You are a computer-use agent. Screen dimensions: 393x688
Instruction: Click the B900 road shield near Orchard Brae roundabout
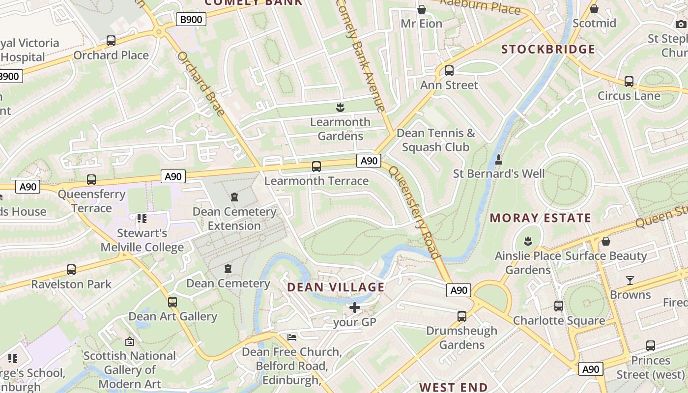point(191,19)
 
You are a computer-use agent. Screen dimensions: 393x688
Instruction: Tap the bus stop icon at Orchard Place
point(111,41)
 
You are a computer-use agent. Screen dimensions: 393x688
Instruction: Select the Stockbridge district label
point(548,49)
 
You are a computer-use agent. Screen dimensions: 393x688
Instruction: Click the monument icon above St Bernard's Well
point(499,160)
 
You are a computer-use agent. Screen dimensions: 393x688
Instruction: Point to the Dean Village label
point(336,287)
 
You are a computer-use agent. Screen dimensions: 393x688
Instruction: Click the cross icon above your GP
point(354,308)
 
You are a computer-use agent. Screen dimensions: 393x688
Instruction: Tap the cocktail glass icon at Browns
point(630,281)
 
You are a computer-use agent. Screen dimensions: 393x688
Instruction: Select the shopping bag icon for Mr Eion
point(421,9)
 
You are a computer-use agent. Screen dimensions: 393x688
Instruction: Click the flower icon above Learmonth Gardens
point(340,107)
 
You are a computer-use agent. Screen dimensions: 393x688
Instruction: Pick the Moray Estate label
point(541,218)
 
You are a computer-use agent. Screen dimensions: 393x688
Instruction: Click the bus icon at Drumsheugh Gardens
point(461,316)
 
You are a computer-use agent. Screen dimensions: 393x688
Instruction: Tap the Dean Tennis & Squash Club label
point(436,140)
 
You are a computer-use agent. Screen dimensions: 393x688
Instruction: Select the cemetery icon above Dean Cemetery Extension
point(234,197)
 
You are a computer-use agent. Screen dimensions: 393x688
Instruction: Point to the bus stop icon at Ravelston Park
point(71,270)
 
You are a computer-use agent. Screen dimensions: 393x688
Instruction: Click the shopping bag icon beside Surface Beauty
point(606,241)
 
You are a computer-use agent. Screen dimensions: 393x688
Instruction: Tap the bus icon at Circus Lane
point(629,82)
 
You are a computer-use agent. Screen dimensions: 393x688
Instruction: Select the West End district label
point(453,387)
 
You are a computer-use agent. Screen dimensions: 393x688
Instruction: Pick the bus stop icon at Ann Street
point(449,71)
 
